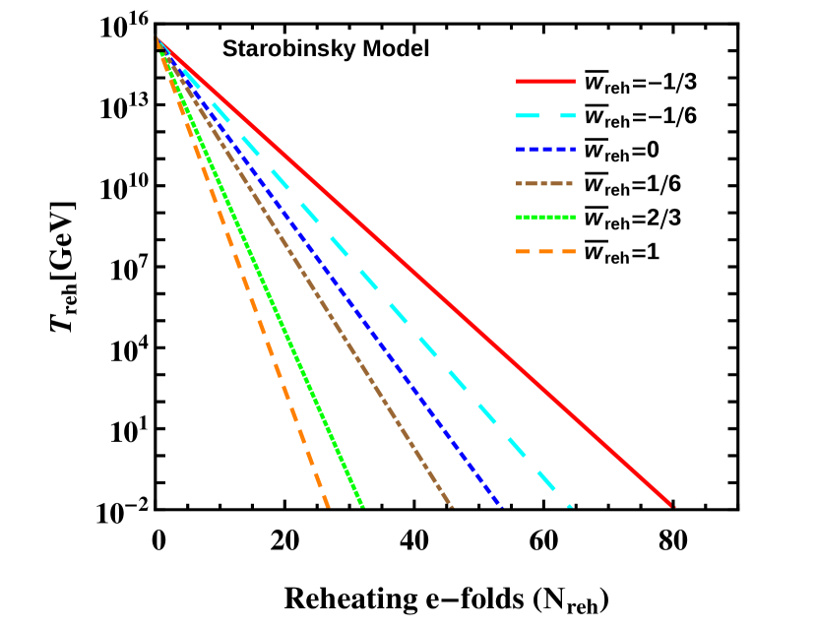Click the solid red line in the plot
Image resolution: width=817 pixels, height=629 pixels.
(x=413, y=273)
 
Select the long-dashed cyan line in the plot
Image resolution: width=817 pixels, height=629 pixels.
(x=399, y=314)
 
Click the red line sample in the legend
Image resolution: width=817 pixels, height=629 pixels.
(x=545, y=82)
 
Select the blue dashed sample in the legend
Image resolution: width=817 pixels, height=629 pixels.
(x=545, y=150)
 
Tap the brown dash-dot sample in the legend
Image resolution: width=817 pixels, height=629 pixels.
(x=543, y=184)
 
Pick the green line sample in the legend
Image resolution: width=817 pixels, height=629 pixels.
(x=545, y=218)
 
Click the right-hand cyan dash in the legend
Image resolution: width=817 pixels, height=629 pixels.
(x=568, y=116)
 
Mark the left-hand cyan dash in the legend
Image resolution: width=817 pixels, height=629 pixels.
(x=529, y=116)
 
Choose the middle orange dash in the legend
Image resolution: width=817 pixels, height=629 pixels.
(x=545, y=252)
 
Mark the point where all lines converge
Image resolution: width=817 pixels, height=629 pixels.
(x=158, y=40)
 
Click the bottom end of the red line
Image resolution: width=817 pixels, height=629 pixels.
(x=673, y=506)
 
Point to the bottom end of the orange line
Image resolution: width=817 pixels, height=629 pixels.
(x=327, y=506)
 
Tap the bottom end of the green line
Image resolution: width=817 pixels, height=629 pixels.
(x=363, y=506)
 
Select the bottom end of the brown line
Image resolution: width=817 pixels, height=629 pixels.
(x=452, y=506)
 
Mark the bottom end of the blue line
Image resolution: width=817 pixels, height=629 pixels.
(x=502, y=506)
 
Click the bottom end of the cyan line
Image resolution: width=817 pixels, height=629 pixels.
(x=569, y=506)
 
